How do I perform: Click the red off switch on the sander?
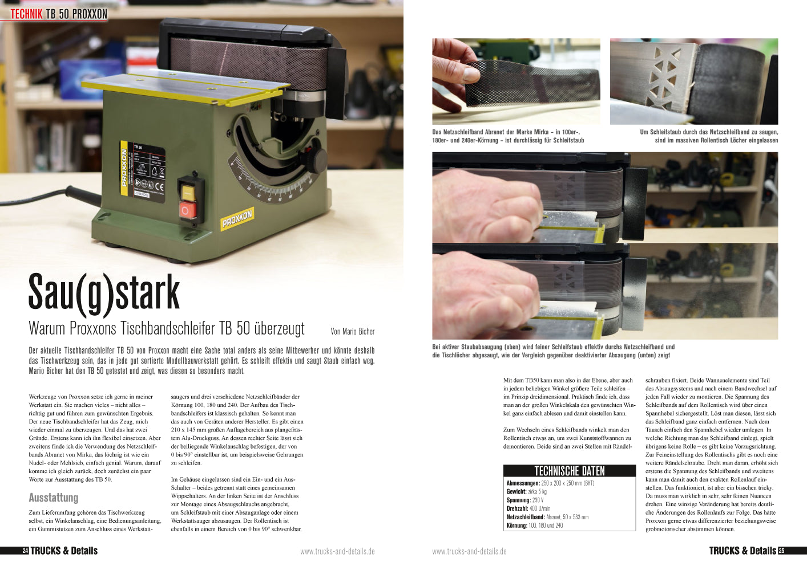coord(188,210)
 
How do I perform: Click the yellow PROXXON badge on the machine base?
coord(237,219)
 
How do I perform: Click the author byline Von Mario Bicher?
coord(352,331)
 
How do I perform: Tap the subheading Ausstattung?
coord(53,498)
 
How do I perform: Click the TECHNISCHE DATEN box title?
coord(569,471)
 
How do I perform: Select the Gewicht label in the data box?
coord(517,491)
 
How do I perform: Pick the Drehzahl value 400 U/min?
coord(540,508)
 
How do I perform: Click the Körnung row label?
coord(517,526)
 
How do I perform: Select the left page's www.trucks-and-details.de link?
coord(337,551)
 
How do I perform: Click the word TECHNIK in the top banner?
coord(26,14)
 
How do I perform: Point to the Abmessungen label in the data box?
coord(523,483)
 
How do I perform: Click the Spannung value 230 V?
coord(538,500)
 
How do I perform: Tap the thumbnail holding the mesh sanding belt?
coord(517,82)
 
